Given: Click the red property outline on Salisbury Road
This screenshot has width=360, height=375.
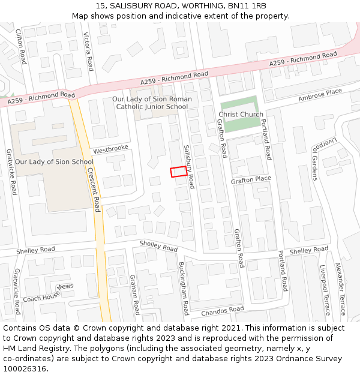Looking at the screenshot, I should click(x=178, y=172).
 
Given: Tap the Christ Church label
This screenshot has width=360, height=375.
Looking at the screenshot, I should click(x=241, y=115).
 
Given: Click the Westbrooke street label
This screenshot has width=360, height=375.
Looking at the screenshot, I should click(x=110, y=148).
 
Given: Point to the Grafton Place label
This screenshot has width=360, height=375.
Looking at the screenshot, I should click(x=251, y=179).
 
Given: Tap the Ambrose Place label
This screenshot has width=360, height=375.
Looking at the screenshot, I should click(x=320, y=94).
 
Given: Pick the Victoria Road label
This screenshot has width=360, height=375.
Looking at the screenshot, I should click(x=89, y=52).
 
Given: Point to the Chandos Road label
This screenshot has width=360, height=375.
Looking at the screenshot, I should click(x=223, y=311).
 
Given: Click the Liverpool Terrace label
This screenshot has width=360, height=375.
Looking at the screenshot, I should click(x=326, y=290).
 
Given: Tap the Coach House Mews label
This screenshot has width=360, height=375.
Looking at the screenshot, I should click(x=48, y=292).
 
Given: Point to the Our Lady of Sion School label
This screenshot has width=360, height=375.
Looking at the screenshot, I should click(x=54, y=161).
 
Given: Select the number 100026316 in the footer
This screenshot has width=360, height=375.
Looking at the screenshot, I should click(x=24, y=368).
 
